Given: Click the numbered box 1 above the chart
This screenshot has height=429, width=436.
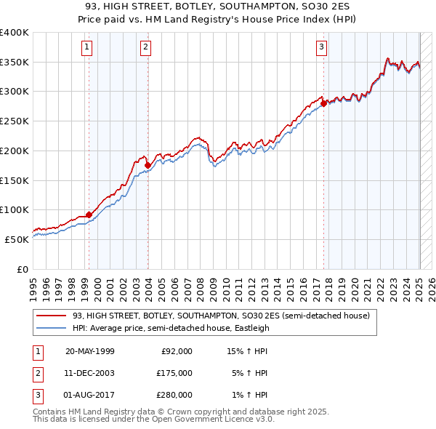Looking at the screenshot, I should pyautogui.click(x=87, y=48).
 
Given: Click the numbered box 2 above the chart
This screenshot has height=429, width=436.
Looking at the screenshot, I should pyautogui.click(x=145, y=48).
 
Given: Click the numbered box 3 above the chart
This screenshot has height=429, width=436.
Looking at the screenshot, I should pyautogui.click(x=321, y=48).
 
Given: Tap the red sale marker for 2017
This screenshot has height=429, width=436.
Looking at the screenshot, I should pyautogui.click(x=323, y=103).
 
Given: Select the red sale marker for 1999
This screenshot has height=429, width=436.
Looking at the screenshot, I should pyautogui.click(x=89, y=214).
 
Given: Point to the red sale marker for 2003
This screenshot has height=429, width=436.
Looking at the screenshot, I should pyautogui.click(x=148, y=166).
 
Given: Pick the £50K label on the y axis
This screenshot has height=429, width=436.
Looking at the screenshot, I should pyautogui.click(x=17, y=239).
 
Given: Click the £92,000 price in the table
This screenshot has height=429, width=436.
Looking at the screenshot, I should pyautogui.click(x=177, y=351).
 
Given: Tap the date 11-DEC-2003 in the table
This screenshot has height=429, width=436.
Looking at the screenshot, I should pyautogui.click(x=89, y=373).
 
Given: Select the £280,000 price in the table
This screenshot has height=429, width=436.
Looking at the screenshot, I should pyautogui.click(x=174, y=395).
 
